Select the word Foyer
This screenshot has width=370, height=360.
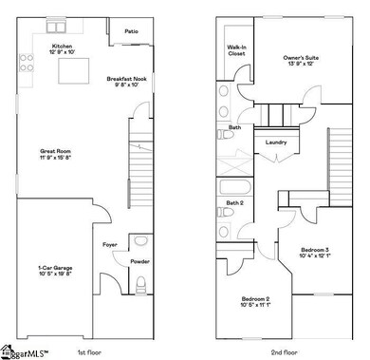coord(109,246)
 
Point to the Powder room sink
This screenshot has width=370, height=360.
coord(141,240)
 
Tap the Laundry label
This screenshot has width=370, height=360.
coord(276,143)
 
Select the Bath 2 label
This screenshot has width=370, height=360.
coord(234,203)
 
